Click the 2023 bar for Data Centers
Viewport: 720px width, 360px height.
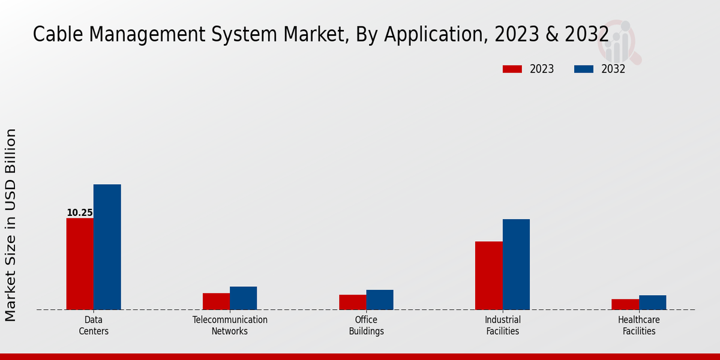(80, 264)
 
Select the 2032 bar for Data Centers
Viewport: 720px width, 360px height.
(107, 247)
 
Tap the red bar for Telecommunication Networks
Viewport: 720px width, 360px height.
(216, 301)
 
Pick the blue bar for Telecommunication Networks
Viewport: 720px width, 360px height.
(243, 298)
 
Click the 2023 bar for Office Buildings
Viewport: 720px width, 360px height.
(352, 302)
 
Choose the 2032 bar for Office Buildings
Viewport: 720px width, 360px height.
(380, 300)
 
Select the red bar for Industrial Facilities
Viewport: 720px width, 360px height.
(488, 275)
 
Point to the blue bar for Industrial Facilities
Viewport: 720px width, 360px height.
(516, 265)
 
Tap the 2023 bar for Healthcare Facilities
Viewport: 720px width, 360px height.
(625, 304)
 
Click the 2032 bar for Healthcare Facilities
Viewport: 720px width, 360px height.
(652, 302)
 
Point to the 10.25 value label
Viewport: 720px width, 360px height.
(80, 213)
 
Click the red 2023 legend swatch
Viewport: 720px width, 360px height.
(512, 69)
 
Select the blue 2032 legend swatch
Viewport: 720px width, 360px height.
(583, 69)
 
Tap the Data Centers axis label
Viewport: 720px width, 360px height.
(94, 325)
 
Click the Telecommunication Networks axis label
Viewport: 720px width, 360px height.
(230, 325)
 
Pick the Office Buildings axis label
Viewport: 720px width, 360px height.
(366, 325)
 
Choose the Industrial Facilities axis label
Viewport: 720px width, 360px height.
(503, 325)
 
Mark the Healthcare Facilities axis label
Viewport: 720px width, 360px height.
(639, 325)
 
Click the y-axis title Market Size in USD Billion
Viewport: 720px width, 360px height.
(11, 225)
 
